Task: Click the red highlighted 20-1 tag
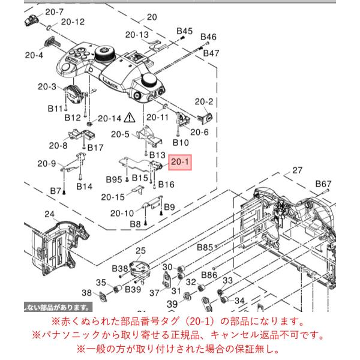(x=180, y=162)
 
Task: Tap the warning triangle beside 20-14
(x=130, y=118)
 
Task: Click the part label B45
(x=184, y=31)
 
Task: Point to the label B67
(x=323, y=184)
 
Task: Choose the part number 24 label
(x=49, y=214)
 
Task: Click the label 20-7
(x=55, y=12)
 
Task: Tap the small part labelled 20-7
(x=31, y=20)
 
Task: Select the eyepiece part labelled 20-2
(x=205, y=118)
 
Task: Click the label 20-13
(x=137, y=35)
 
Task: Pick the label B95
(x=114, y=179)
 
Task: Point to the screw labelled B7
(x=64, y=193)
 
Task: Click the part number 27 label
(x=298, y=170)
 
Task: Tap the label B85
(x=205, y=247)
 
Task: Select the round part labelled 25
(x=139, y=269)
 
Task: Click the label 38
(x=86, y=293)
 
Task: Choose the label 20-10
(x=122, y=213)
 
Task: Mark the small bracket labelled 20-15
(x=139, y=189)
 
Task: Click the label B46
(x=208, y=37)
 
